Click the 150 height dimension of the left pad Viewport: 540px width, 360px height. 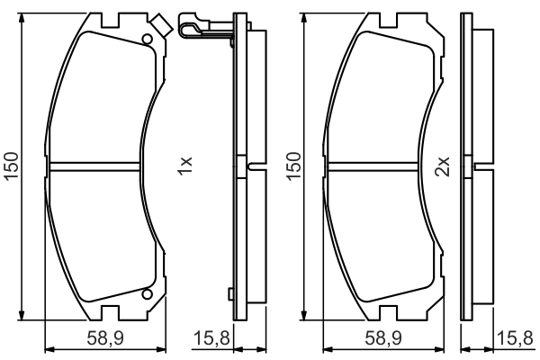pyautogui.click(x=12, y=166)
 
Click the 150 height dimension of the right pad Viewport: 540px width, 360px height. pyautogui.click(x=293, y=166)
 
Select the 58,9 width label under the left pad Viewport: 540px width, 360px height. pyautogui.click(x=105, y=338)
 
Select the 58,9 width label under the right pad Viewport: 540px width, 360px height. pyautogui.click(x=383, y=338)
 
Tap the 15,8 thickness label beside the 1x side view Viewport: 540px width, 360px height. pyautogui.click(x=211, y=338)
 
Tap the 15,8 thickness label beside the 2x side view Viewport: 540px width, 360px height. pyautogui.click(x=515, y=338)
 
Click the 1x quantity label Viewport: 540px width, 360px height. pyautogui.click(x=184, y=166)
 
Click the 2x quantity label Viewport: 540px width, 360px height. pyautogui.click(x=442, y=166)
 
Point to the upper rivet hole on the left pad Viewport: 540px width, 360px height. pyautogui.click(x=147, y=40)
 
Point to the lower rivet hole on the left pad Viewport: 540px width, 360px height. pyautogui.click(x=147, y=294)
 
